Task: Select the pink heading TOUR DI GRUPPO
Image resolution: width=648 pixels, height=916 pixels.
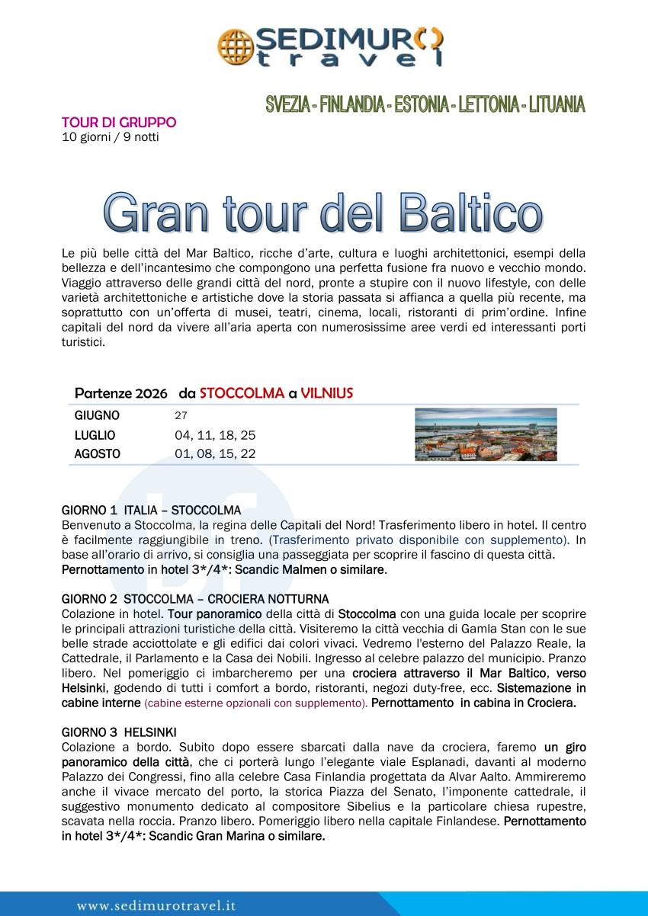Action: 118,123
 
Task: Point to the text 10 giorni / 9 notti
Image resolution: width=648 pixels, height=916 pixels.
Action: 110,137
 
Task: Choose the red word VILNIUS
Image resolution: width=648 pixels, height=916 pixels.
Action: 326,393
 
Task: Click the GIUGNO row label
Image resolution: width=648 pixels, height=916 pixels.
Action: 97,416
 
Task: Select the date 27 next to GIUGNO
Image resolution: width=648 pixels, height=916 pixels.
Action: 181,416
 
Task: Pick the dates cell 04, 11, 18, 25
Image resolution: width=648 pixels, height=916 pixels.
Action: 215,435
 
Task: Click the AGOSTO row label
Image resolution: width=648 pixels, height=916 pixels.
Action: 97,454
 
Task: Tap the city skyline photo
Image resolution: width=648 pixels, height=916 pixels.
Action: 486,434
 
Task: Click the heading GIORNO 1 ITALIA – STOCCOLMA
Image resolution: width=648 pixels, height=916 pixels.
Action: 151,510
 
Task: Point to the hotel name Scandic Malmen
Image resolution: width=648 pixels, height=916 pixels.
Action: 284,569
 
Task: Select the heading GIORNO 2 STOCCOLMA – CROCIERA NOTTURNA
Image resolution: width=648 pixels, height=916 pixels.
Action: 195,599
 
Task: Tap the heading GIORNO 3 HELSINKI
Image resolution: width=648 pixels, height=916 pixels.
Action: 119,732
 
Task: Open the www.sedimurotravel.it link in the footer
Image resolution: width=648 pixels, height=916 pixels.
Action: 156,906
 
